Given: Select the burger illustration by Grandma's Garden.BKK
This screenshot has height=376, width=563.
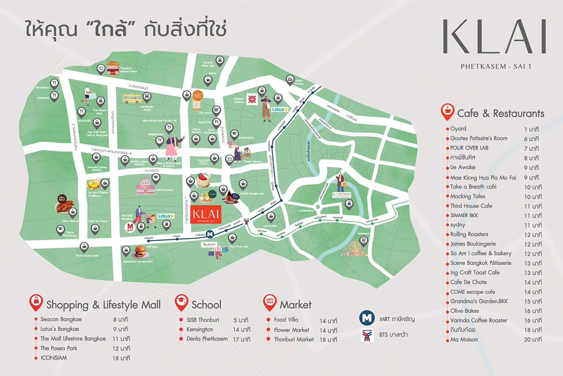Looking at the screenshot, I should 140,251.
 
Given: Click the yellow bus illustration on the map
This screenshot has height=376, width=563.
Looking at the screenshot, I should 132,98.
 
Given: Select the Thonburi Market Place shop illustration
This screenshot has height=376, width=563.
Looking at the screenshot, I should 113,68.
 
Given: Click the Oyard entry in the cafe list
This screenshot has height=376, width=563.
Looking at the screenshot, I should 458,129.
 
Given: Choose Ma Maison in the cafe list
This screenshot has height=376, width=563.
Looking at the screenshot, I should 464,339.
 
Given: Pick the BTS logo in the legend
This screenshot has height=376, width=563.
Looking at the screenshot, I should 365,337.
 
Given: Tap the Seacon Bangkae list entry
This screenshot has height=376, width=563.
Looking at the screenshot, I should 61,319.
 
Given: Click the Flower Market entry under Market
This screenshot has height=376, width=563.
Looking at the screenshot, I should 291,329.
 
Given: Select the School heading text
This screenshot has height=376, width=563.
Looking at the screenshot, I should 206,304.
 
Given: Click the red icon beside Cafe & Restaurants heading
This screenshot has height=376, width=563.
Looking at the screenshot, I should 447,112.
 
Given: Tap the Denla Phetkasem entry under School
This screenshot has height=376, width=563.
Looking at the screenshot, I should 207,339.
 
